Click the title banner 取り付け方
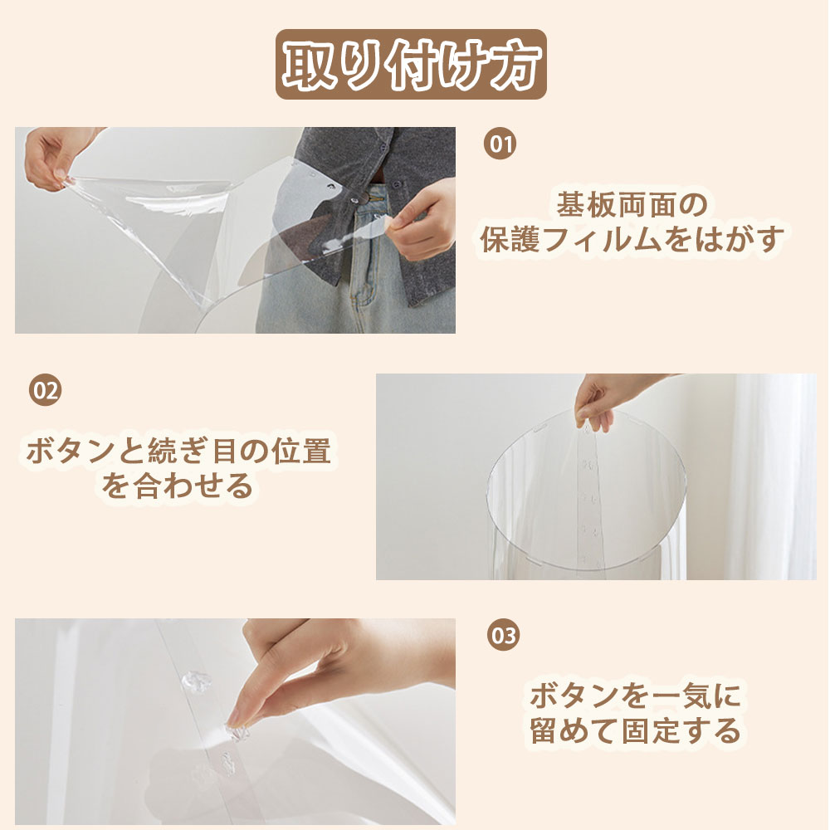(411, 64)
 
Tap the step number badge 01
(500, 144)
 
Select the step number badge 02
(45, 390)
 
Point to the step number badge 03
(503, 635)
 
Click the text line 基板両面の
(632, 204)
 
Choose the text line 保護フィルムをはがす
(632, 239)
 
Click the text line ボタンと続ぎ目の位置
(178, 451)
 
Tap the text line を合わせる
(178, 486)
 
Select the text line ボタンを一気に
(635, 696)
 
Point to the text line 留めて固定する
(635, 730)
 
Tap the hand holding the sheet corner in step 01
(422, 220)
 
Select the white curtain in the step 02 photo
(773, 476)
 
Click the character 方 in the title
(515, 65)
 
